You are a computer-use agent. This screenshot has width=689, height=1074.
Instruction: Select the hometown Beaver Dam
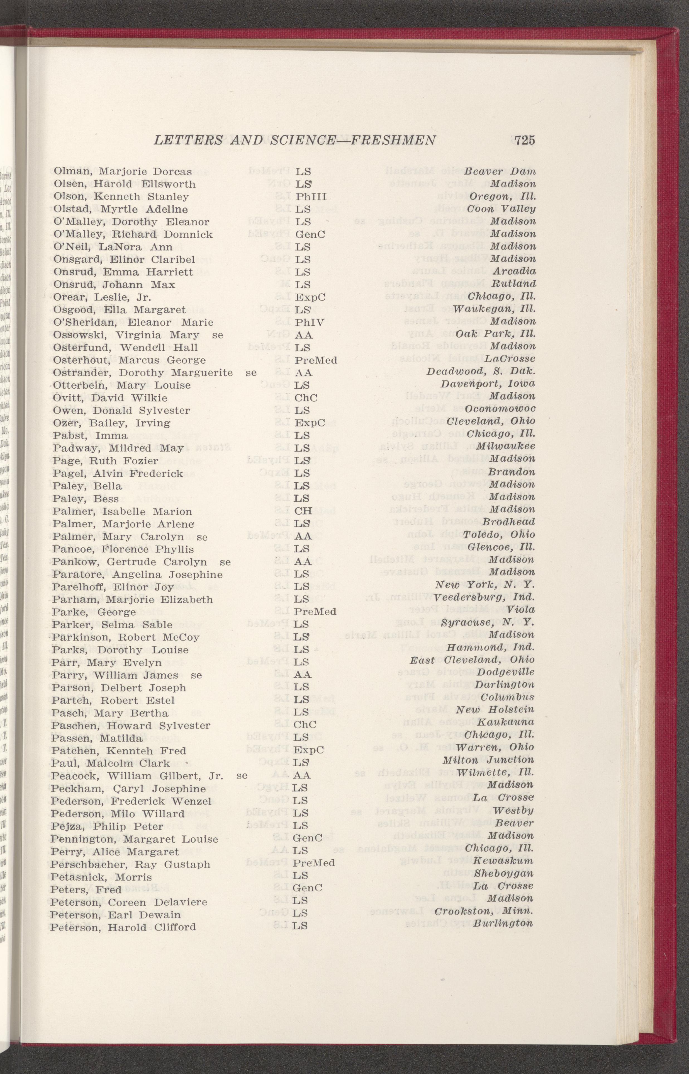[x=499, y=171]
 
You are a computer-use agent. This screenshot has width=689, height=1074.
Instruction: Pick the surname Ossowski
[x=81, y=335]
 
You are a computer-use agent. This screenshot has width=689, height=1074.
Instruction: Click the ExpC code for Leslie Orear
[x=310, y=297]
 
